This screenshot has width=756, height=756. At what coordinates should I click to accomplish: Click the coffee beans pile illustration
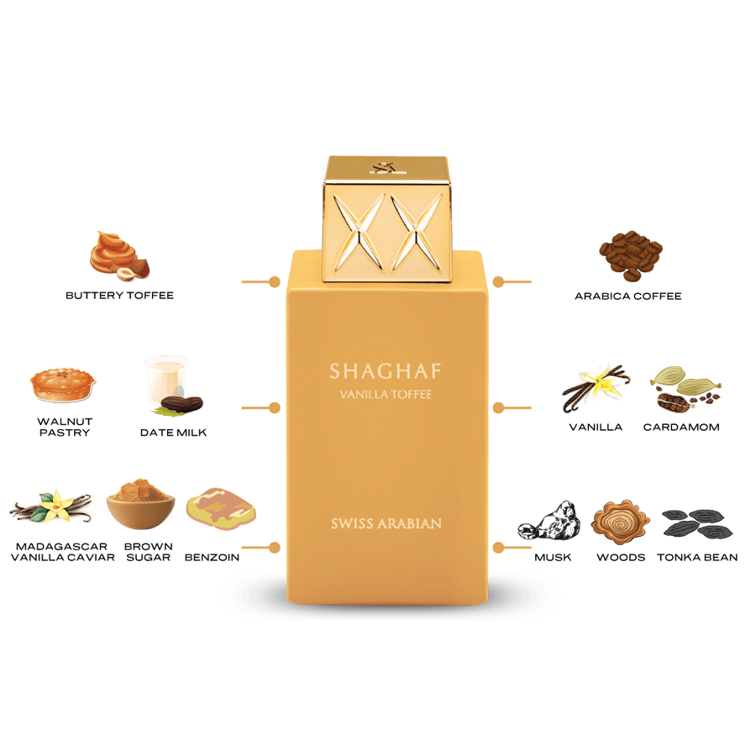631,255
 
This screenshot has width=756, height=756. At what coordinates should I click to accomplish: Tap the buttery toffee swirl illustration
119,256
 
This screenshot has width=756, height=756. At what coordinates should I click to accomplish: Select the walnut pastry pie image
63,386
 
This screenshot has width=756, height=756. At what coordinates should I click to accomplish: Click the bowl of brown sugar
140,503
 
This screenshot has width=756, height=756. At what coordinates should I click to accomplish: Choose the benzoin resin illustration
221,509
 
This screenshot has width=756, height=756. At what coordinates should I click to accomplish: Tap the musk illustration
549,521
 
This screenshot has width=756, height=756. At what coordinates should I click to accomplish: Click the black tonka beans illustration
697,524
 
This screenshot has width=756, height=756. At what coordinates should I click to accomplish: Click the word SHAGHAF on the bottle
386,370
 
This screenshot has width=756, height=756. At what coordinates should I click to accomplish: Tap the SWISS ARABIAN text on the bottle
386,523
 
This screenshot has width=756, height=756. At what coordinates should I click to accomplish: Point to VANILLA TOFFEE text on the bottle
386,395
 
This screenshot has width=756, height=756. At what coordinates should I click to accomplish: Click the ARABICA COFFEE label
627,296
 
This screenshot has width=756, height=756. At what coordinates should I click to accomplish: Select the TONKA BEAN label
697,558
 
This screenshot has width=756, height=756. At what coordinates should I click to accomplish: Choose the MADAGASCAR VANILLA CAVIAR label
63,552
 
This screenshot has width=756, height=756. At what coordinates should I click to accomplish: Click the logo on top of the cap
384,167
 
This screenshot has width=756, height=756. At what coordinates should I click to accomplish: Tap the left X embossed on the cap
360,232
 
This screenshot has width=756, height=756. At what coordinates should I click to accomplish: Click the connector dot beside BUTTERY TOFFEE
275,281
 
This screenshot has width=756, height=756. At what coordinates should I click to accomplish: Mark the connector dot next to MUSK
498,548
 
